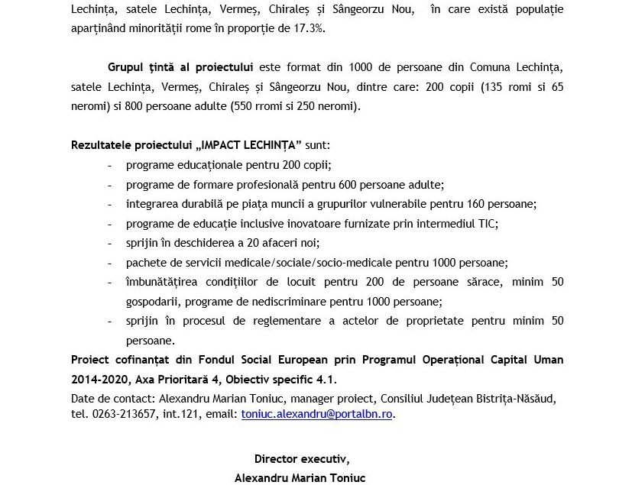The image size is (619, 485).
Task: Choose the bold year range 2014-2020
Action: click(98, 379)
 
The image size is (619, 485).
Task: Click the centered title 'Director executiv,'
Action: click(301, 459)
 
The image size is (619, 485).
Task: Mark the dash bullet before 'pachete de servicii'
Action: click(111, 263)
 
